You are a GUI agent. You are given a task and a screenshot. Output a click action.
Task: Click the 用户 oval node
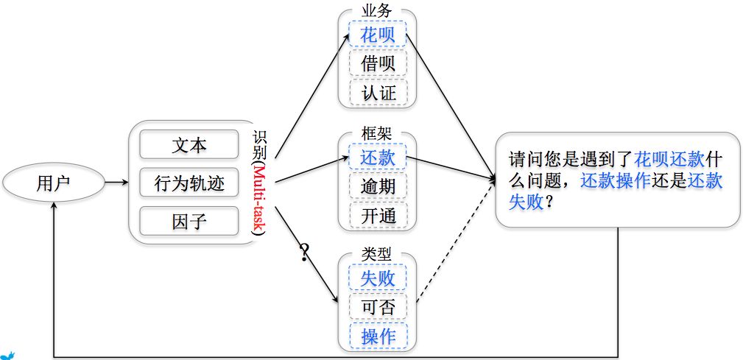click(52, 183)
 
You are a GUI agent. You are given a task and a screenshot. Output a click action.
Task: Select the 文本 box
click(189, 145)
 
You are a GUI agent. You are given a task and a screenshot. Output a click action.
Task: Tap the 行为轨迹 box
click(189, 183)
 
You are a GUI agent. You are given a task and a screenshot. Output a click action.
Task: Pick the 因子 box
click(189, 221)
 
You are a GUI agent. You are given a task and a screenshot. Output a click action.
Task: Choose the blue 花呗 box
click(378, 34)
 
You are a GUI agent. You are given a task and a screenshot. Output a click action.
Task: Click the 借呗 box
click(378, 63)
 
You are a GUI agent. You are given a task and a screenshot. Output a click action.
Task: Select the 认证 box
click(378, 92)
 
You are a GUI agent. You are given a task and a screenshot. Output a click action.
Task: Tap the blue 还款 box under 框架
click(378, 157)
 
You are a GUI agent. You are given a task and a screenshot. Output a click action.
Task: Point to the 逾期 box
click(378, 186)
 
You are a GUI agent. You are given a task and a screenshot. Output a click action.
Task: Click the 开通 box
click(378, 215)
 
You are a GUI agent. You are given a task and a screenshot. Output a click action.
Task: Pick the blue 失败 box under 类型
click(378, 278)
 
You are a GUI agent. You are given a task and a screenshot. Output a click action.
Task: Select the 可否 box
click(378, 307)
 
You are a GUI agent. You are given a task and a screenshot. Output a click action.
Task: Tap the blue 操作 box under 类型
click(378, 336)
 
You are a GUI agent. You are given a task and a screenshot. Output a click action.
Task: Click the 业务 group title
click(377, 11)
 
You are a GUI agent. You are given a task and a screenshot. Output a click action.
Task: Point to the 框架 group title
click(377, 133)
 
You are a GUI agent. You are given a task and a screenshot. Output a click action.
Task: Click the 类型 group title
click(377, 253)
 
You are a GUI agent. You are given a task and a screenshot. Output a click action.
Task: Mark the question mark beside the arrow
click(304, 253)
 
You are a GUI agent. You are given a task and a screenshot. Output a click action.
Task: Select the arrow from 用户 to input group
click(115, 183)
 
